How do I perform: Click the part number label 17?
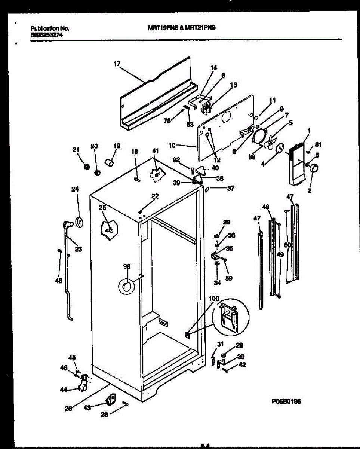116,64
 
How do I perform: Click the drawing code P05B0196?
286,402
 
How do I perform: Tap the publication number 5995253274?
46,33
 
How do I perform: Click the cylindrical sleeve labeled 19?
109,163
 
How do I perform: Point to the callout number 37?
231,189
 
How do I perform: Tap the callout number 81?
318,145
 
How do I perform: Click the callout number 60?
287,245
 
